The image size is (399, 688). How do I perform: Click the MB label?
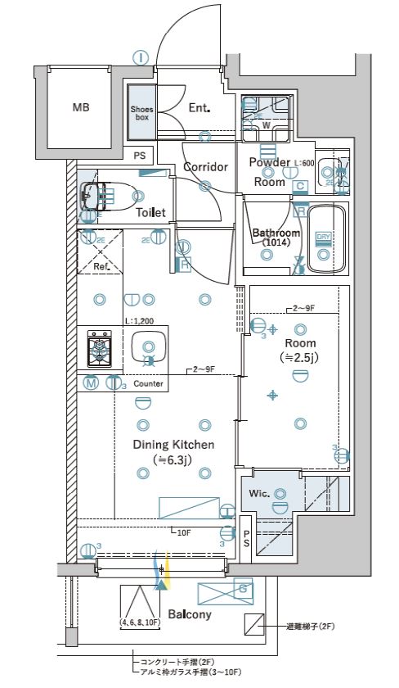click(x=80, y=107)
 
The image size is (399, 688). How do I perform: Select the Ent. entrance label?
click(x=199, y=107)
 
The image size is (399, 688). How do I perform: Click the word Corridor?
click(x=204, y=167)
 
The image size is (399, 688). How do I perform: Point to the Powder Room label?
click(x=269, y=171)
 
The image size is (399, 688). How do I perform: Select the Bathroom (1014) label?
click(x=276, y=238)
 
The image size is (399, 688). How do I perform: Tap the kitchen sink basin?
click(x=148, y=347)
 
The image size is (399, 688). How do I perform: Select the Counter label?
click(x=148, y=383)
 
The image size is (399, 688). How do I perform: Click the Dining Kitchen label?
click(x=173, y=451)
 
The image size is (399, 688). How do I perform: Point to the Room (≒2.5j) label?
click(x=299, y=350)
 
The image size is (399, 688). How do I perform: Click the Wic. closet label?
click(x=259, y=494)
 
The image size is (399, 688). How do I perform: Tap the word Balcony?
click(x=190, y=614)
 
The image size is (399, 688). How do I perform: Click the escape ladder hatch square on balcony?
click(x=254, y=626)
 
